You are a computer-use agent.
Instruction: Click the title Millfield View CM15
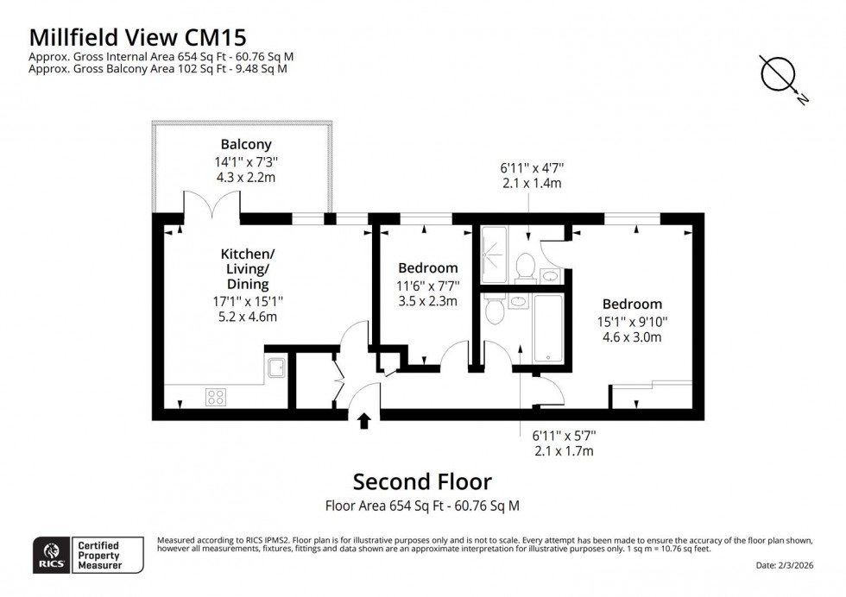pyautogui.click(x=138, y=36)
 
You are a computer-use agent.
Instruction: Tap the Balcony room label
pyautogui.click(x=245, y=145)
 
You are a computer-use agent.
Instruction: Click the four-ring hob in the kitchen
pyautogui.click(x=216, y=397)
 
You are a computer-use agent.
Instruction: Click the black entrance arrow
pyautogui.click(x=364, y=420)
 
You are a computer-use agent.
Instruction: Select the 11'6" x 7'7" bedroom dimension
pyautogui.click(x=428, y=286)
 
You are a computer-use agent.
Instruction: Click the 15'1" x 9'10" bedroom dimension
pyautogui.click(x=632, y=322)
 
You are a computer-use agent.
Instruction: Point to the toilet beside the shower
pyautogui.click(x=524, y=267)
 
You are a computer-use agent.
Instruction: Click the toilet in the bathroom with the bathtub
pyautogui.click(x=495, y=310)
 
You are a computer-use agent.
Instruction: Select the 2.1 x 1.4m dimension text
pyautogui.click(x=532, y=185)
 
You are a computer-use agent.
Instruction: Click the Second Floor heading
pyautogui.click(x=423, y=481)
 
